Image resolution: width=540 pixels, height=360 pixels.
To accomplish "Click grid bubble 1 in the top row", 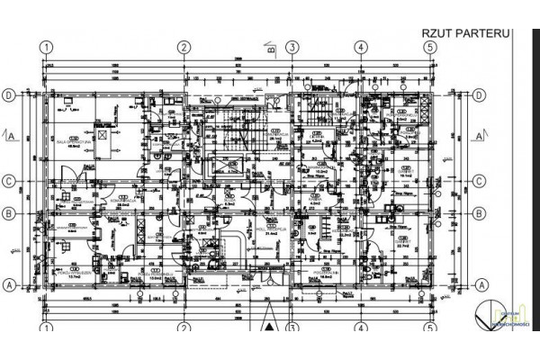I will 48,48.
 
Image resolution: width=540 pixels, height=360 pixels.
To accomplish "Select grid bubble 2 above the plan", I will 183,48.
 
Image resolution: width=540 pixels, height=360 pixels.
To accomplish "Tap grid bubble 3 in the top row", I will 292,48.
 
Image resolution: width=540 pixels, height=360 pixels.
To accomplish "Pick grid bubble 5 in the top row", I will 430,48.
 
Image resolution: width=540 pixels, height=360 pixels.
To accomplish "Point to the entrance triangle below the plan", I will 270,318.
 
